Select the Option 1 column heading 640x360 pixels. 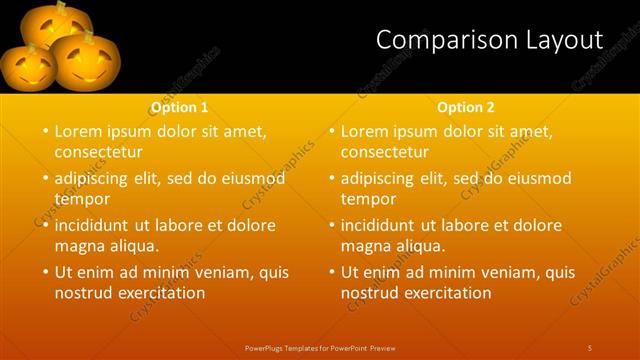pos(180,107)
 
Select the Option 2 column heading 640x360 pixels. pos(466,107)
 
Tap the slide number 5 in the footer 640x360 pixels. pos(589,347)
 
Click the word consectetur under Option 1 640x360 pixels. pos(98,152)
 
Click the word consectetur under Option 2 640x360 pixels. pos(384,152)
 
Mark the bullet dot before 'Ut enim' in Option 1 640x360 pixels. pos(45,271)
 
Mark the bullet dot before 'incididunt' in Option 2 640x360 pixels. pos(331,225)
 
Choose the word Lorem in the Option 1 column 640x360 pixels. pos(78,131)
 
